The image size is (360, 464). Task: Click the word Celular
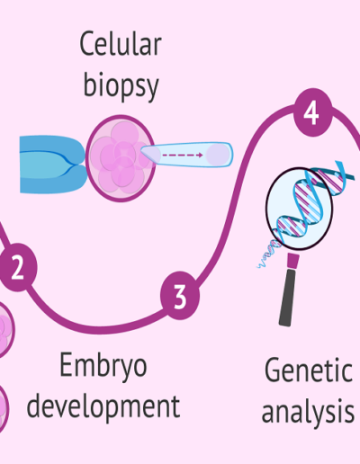coord(121,44)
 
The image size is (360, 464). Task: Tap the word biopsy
coord(121,85)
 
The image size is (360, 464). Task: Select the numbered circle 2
coord(18,267)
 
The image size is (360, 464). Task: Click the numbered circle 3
coord(180,295)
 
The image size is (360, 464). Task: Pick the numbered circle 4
coord(313,112)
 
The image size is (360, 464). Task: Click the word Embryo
coord(103,367)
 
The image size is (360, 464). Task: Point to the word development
coord(103,407)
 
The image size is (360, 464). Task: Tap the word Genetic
coord(309,370)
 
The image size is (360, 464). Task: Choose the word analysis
coord(308,412)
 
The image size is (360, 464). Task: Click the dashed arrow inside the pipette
coord(183,155)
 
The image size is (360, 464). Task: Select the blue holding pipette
coord(53,164)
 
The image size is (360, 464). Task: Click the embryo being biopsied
coord(121,158)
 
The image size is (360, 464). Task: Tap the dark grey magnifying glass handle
coord(287,298)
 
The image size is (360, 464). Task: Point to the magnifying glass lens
coord(300,209)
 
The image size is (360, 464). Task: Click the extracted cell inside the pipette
coord(218,155)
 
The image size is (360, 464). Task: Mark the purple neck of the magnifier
coord(292,261)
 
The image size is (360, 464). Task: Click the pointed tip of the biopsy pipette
coord(141,151)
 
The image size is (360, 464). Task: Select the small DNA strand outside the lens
coord(269,254)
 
